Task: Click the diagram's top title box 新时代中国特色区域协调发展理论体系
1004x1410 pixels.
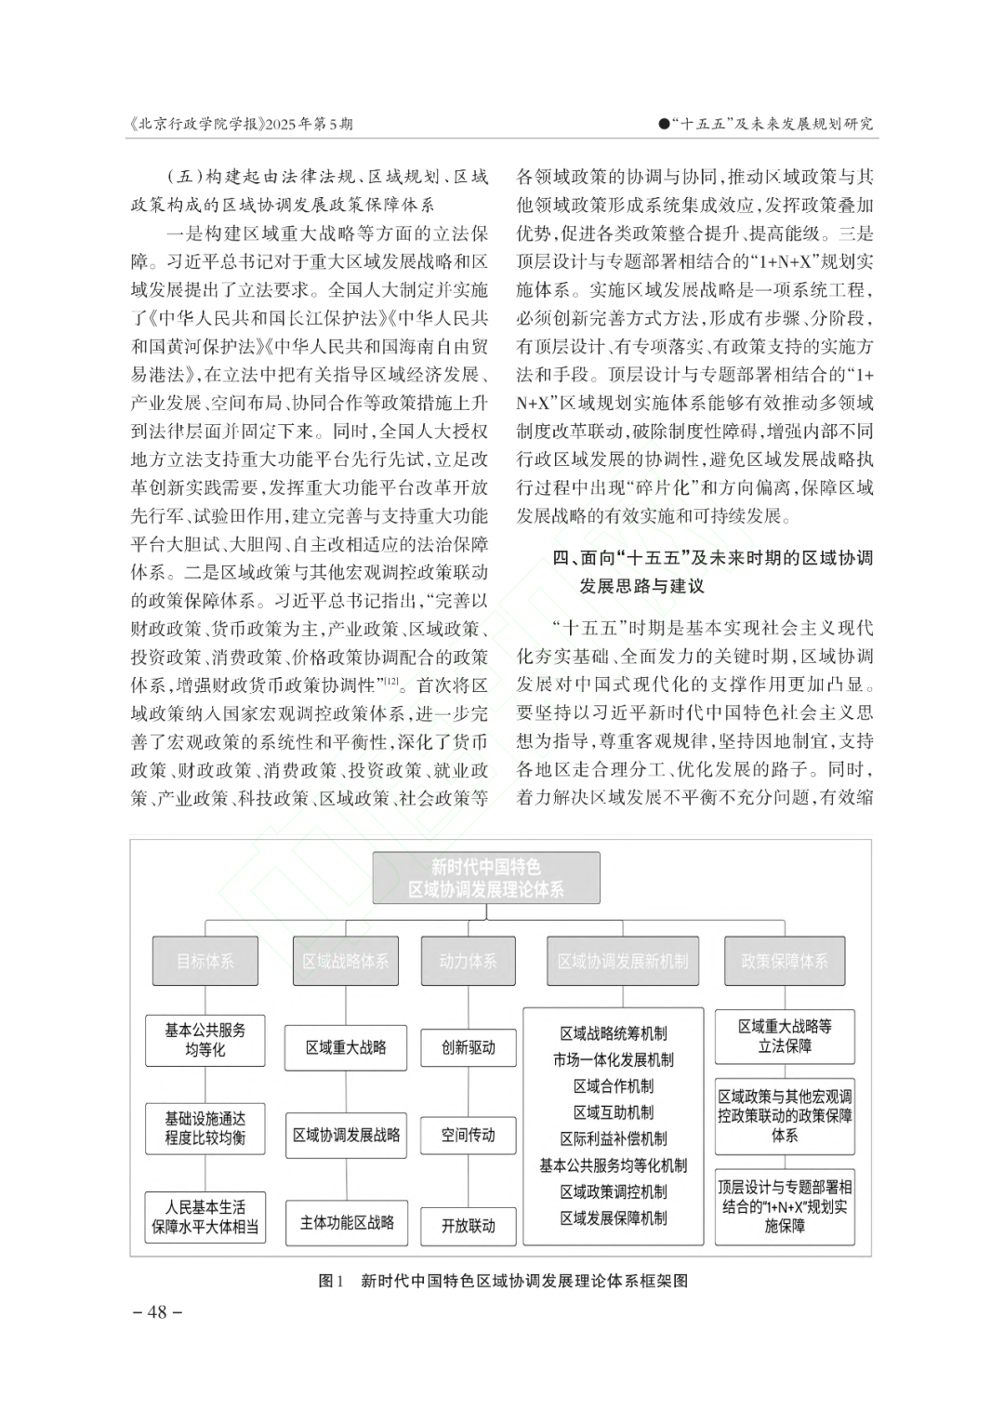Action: coord(486,878)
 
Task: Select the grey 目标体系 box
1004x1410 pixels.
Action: coord(205,961)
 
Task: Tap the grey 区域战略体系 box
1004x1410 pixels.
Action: coord(345,961)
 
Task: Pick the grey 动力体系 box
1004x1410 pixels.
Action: coord(468,961)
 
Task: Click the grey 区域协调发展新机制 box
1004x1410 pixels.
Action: coord(622,961)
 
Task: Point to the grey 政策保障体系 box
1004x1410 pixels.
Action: coord(784,961)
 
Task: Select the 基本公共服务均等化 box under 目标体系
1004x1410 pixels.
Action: coord(205,1040)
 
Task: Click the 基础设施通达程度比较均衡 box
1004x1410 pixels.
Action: coord(205,1128)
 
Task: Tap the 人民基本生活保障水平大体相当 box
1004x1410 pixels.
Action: coord(205,1217)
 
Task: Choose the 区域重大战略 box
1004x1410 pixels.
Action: coord(346,1047)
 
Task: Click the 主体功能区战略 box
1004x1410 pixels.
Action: coord(346,1222)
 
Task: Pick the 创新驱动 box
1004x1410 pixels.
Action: coord(468,1047)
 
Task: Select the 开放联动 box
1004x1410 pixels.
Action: coord(468,1225)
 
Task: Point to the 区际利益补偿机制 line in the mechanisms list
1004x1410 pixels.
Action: coord(613,1138)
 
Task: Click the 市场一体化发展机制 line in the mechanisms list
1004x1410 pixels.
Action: coord(613,1059)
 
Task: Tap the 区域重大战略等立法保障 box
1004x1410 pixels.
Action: coord(785,1036)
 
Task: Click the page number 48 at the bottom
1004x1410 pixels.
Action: coord(157,1311)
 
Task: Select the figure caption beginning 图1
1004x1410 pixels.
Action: coord(502,1281)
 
